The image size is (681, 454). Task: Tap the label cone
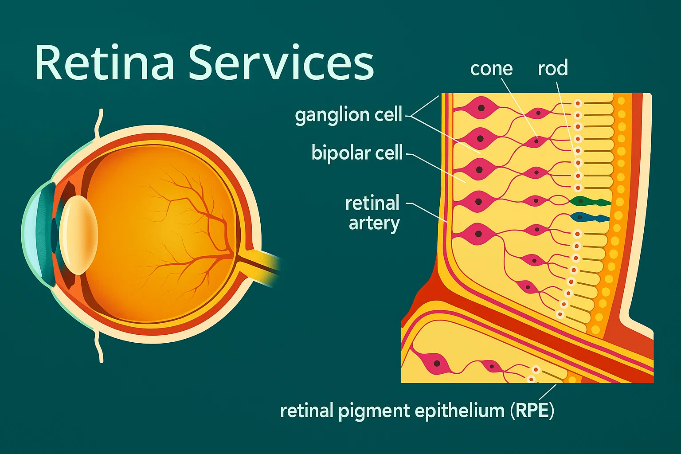tap(491, 69)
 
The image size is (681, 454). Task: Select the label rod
tap(553, 68)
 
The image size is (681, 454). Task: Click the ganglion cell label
tap(348, 115)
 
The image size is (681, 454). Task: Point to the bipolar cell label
tap(357, 153)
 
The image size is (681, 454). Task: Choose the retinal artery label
tap(372, 213)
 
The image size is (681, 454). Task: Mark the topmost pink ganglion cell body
tap(481, 107)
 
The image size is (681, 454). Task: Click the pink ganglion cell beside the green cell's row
tap(478, 202)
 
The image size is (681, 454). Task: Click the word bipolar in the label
tap(337, 153)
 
